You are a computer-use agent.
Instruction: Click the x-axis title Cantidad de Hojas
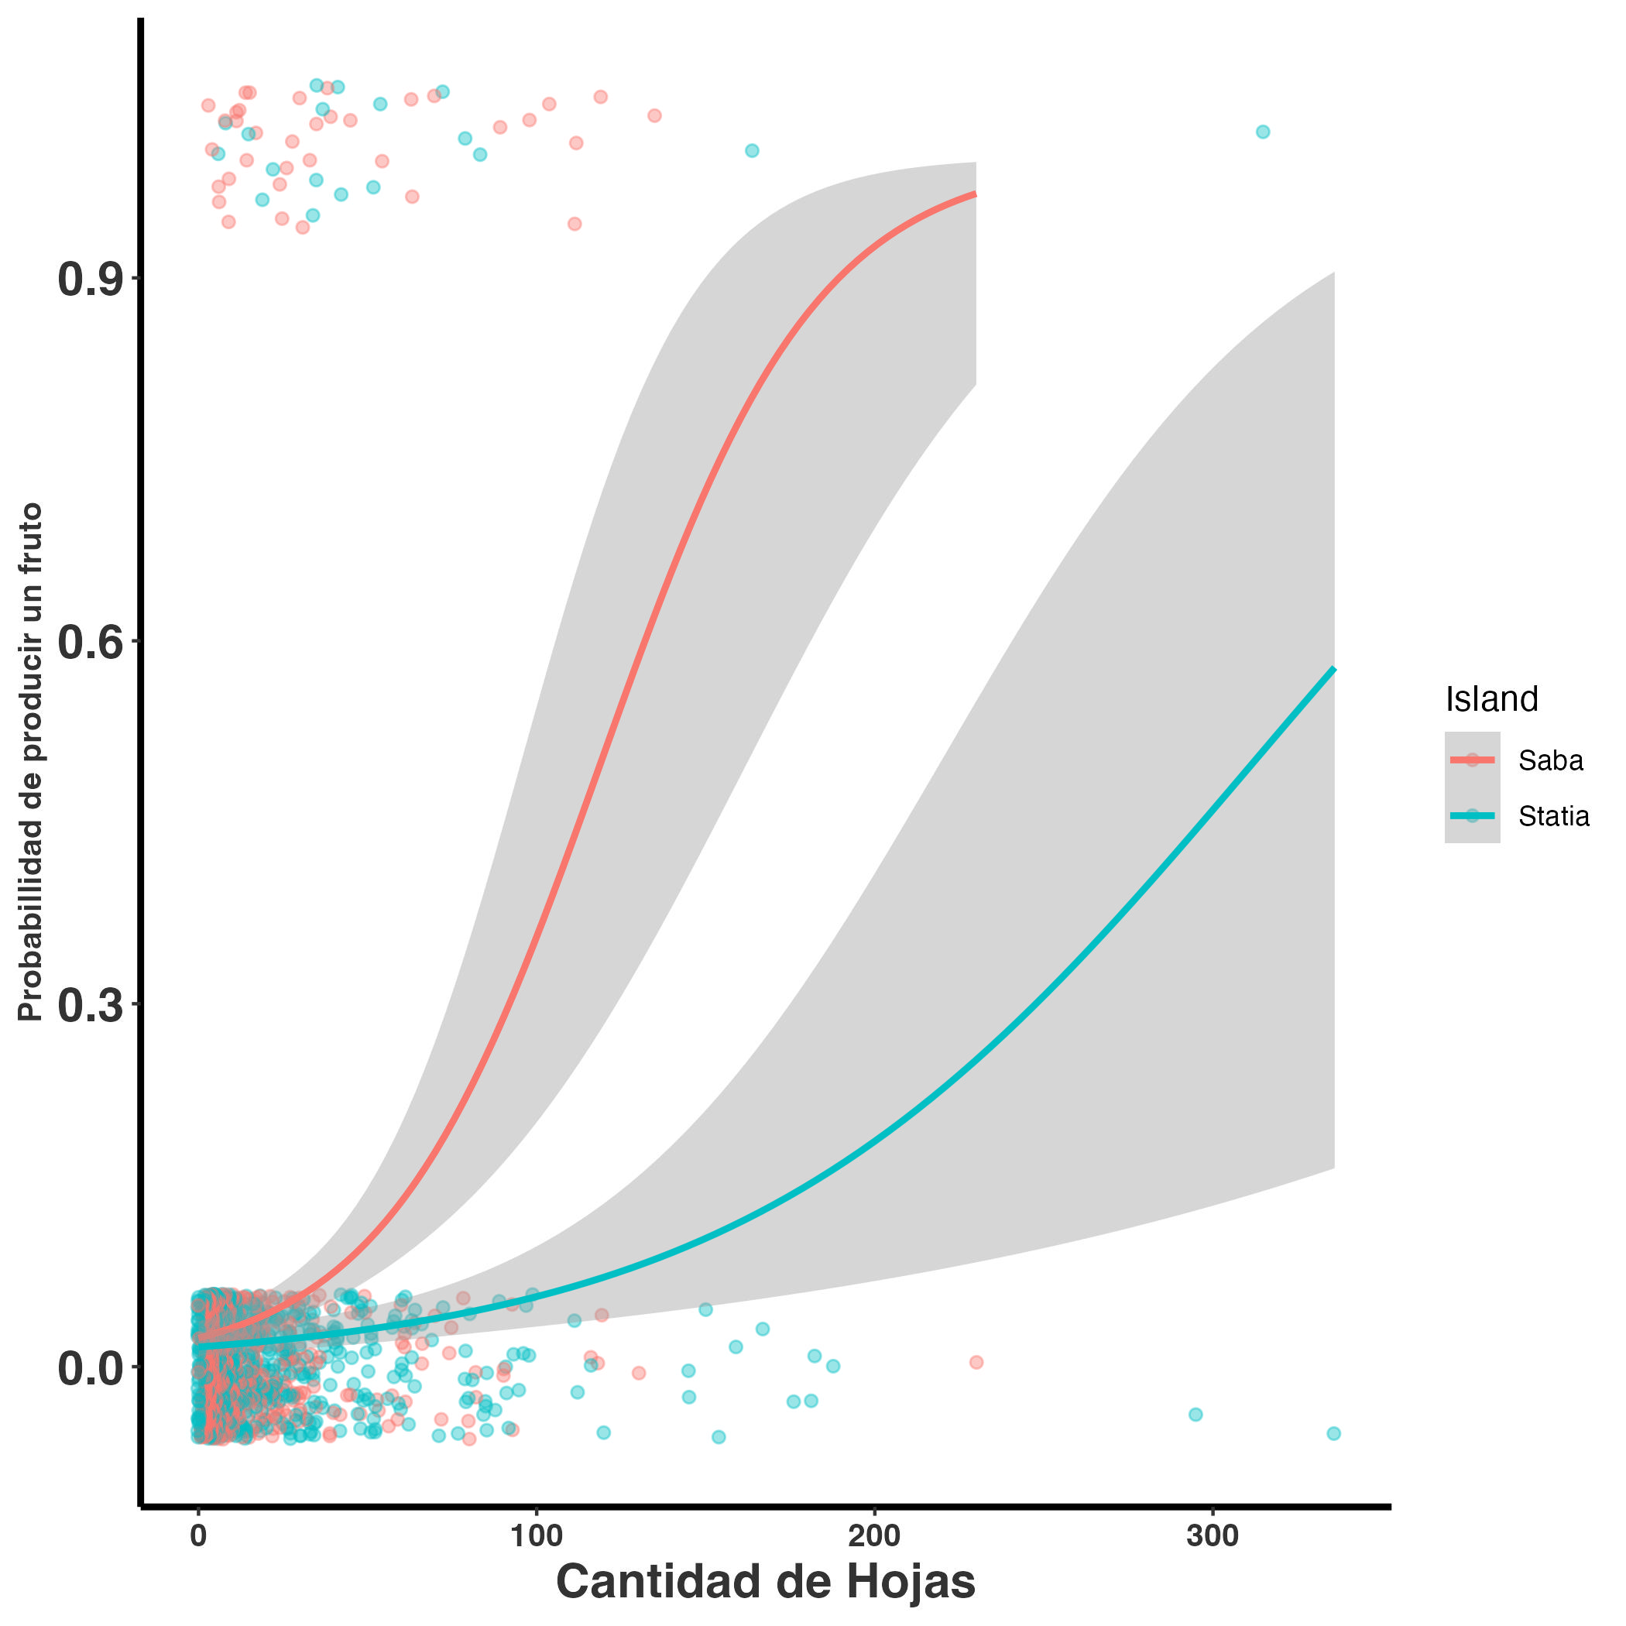[x=765, y=1581]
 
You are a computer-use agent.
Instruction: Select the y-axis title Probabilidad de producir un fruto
[x=31, y=763]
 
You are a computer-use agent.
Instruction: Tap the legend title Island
[x=1491, y=699]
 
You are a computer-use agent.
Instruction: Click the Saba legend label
[x=1550, y=761]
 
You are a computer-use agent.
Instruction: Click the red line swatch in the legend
[x=1472, y=760]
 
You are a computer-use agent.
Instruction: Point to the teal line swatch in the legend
[x=1472, y=815]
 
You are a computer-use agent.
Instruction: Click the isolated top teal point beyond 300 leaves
[x=1262, y=132]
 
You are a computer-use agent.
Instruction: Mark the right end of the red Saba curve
[x=975, y=194]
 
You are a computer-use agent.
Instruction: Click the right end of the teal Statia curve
[x=1334, y=669]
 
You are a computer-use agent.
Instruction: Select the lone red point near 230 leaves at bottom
[x=976, y=1362]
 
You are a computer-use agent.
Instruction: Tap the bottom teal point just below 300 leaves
[x=1195, y=1414]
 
